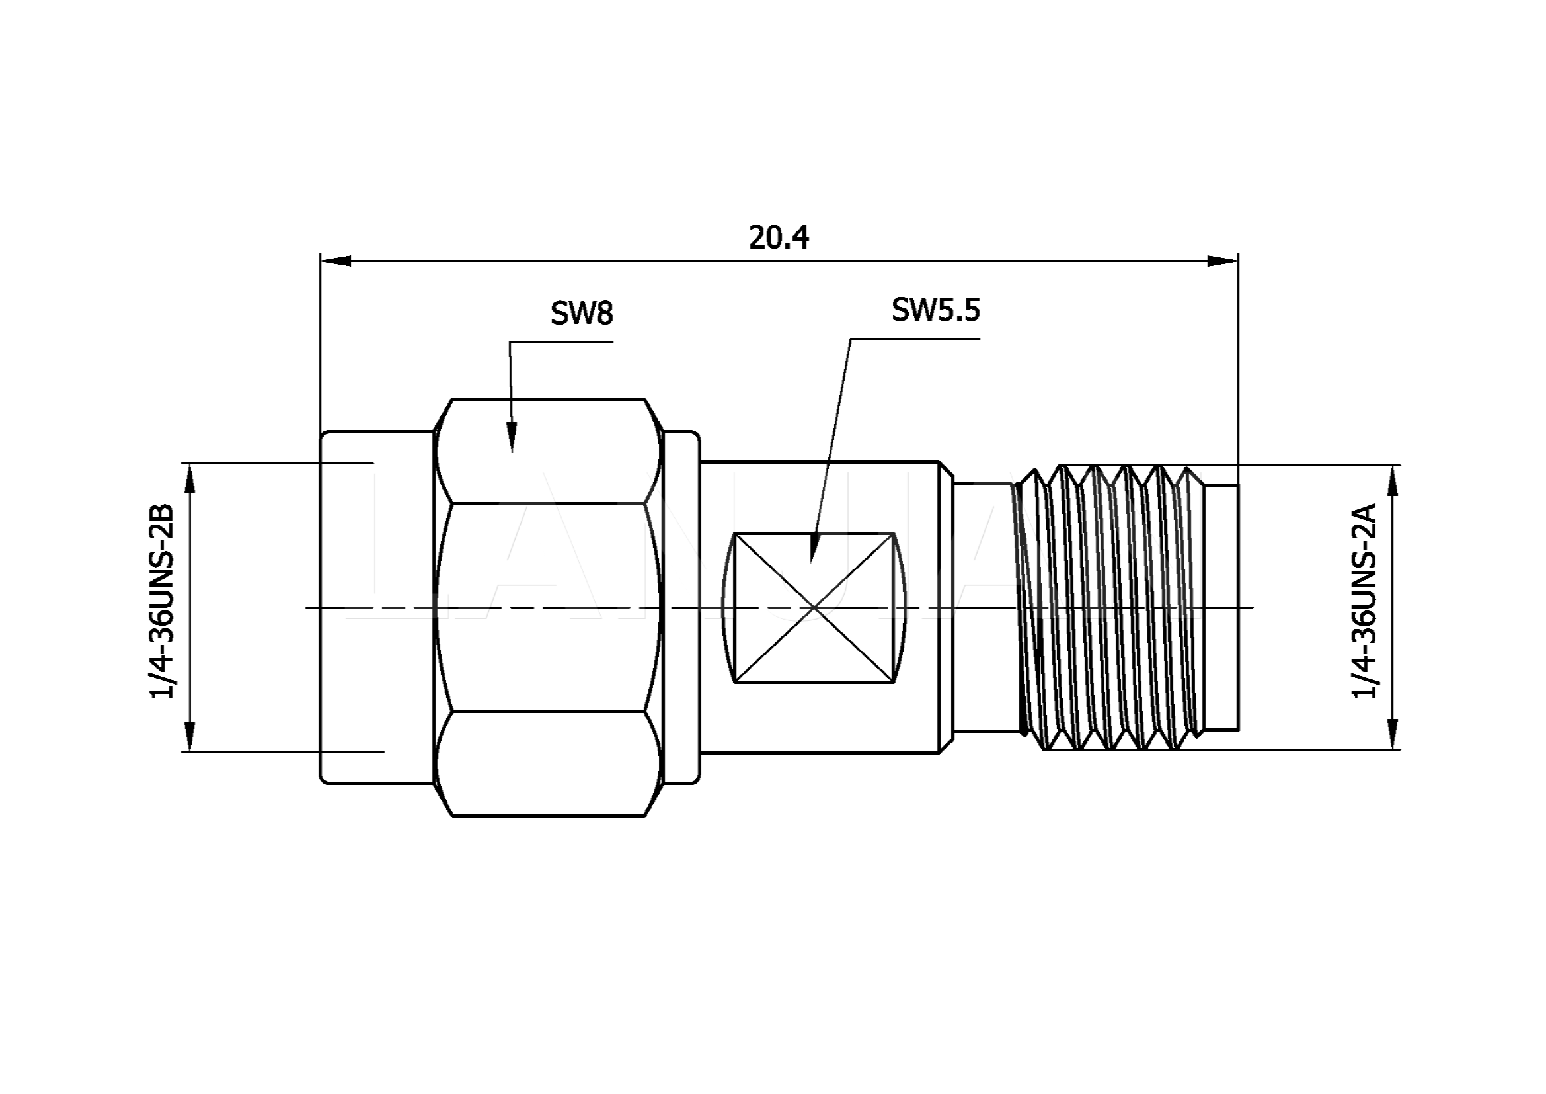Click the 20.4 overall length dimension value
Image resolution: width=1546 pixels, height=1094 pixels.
(x=779, y=238)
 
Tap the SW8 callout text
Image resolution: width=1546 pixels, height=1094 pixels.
(x=582, y=314)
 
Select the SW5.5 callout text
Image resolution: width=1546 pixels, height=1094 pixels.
(x=935, y=310)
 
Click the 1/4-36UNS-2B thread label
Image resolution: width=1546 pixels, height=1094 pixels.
(x=161, y=601)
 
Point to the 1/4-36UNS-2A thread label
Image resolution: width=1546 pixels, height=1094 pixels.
(x=1365, y=601)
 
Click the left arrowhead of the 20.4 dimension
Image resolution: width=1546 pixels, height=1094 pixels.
(x=335, y=261)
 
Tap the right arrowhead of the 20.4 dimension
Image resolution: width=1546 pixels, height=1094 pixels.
(x=1223, y=261)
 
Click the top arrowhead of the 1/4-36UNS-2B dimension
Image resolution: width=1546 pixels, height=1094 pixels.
(x=190, y=479)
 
